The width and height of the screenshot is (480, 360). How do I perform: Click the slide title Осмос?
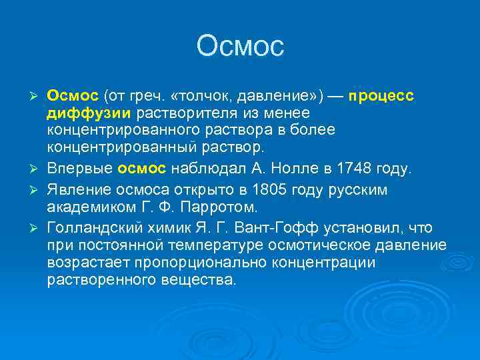pyautogui.click(x=240, y=46)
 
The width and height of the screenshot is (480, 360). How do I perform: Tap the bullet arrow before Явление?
pyautogui.click(x=37, y=190)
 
